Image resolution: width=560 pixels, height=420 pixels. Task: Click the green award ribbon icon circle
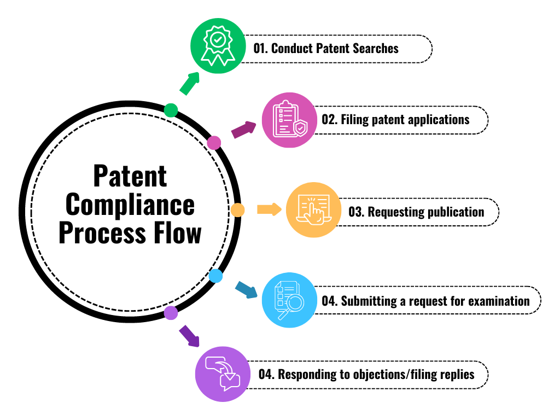click(x=217, y=49)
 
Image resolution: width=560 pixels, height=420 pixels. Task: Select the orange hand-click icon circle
click(x=313, y=210)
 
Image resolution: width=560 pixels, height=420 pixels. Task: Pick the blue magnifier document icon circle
click(x=289, y=300)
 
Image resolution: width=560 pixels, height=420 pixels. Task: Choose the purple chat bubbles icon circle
click(x=223, y=374)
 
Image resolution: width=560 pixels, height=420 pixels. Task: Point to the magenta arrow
click(x=243, y=130)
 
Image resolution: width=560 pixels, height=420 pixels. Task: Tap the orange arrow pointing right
click(x=269, y=209)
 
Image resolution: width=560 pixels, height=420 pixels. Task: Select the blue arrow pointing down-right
click(x=246, y=290)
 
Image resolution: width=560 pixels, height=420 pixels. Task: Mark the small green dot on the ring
click(x=171, y=110)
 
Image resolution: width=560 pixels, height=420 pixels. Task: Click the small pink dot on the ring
click(x=214, y=143)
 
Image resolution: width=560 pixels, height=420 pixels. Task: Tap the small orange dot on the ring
click(x=237, y=209)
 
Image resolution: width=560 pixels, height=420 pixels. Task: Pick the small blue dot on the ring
click(x=216, y=276)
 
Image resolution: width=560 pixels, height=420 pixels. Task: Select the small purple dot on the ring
click(x=171, y=313)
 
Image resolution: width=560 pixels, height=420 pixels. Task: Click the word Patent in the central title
click(x=130, y=177)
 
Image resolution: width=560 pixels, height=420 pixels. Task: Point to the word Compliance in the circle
click(x=130, y=205)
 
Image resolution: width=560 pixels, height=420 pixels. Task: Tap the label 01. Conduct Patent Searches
click(x=326, y=49)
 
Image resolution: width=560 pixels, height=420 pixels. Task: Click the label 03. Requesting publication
click(x=416, y=212)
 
